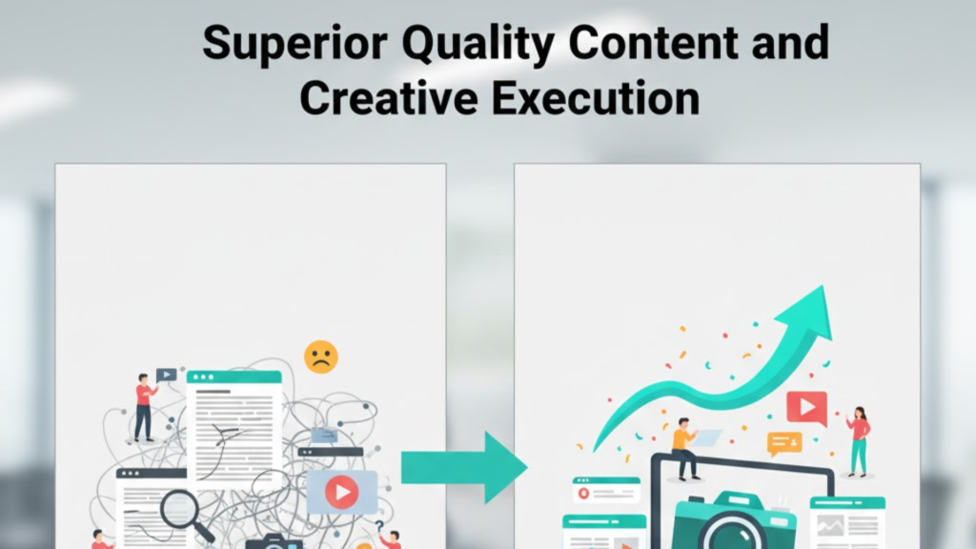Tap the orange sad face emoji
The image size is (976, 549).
tap(321, 357)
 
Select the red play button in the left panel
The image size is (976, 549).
tap(341, 492)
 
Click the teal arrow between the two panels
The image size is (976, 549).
tap(463, 467)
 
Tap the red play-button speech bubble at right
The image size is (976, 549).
tap(806, 408)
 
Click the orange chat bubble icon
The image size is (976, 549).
tap(784, 442)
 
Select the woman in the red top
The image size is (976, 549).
tap(858, 439)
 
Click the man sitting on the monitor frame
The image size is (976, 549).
tap(685, 447)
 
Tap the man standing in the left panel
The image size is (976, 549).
tap(144, 406)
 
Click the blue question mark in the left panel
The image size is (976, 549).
tap(379, 525)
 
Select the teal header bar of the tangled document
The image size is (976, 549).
tap(234, 377)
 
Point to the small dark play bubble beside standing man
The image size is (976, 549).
tap(167, 376)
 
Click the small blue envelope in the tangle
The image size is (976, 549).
tap(325, 435)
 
